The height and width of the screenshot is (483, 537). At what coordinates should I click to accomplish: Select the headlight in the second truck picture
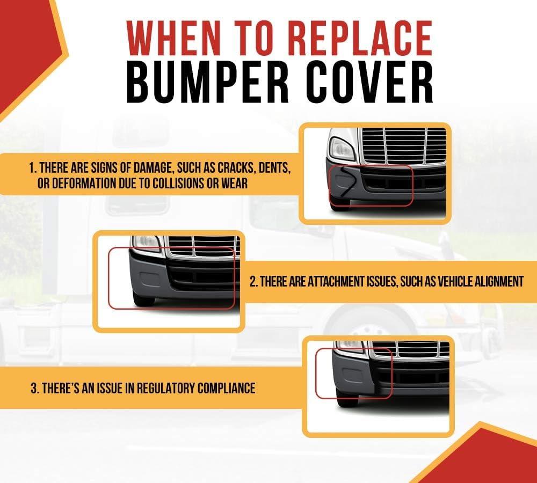pos(147,243)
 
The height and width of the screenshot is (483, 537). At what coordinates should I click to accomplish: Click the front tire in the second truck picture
pos(143,301)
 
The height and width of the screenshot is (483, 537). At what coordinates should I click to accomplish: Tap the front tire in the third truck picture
pos(347,400)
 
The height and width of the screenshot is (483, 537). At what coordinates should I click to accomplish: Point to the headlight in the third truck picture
pos(349,346)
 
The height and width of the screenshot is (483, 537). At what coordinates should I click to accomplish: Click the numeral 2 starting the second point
pos(253,282)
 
